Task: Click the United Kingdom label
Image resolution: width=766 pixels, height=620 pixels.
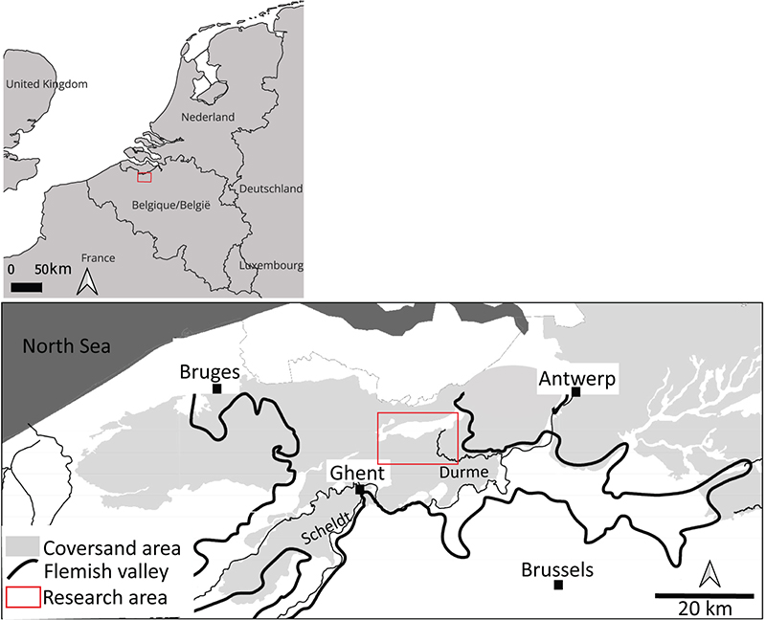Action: [x=46, y=84]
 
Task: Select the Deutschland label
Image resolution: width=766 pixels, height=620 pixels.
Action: [x=271, y=188]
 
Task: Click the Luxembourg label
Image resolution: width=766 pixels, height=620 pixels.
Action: [x=271, y=265]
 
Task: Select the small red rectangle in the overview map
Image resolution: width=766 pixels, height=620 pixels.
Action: [x=145, y=177]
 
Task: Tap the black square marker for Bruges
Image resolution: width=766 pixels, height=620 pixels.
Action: [x=217, y=389]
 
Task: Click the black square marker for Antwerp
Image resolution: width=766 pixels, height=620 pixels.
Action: [x=575, y=404]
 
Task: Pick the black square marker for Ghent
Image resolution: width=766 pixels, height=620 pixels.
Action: [x=360, y=489]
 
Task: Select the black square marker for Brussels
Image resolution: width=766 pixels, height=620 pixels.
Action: [x=558, y=586]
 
